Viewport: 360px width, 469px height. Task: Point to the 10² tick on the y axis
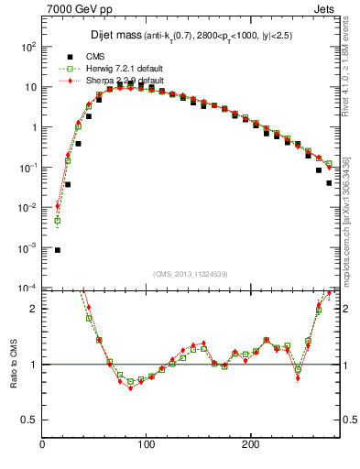point(28,47)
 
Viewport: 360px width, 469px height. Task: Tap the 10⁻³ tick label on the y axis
point(28,248)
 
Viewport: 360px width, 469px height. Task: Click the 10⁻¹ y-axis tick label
point(28,168)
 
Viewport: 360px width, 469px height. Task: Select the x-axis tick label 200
point(250,445)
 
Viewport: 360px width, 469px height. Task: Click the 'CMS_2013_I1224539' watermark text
point(191,273)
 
